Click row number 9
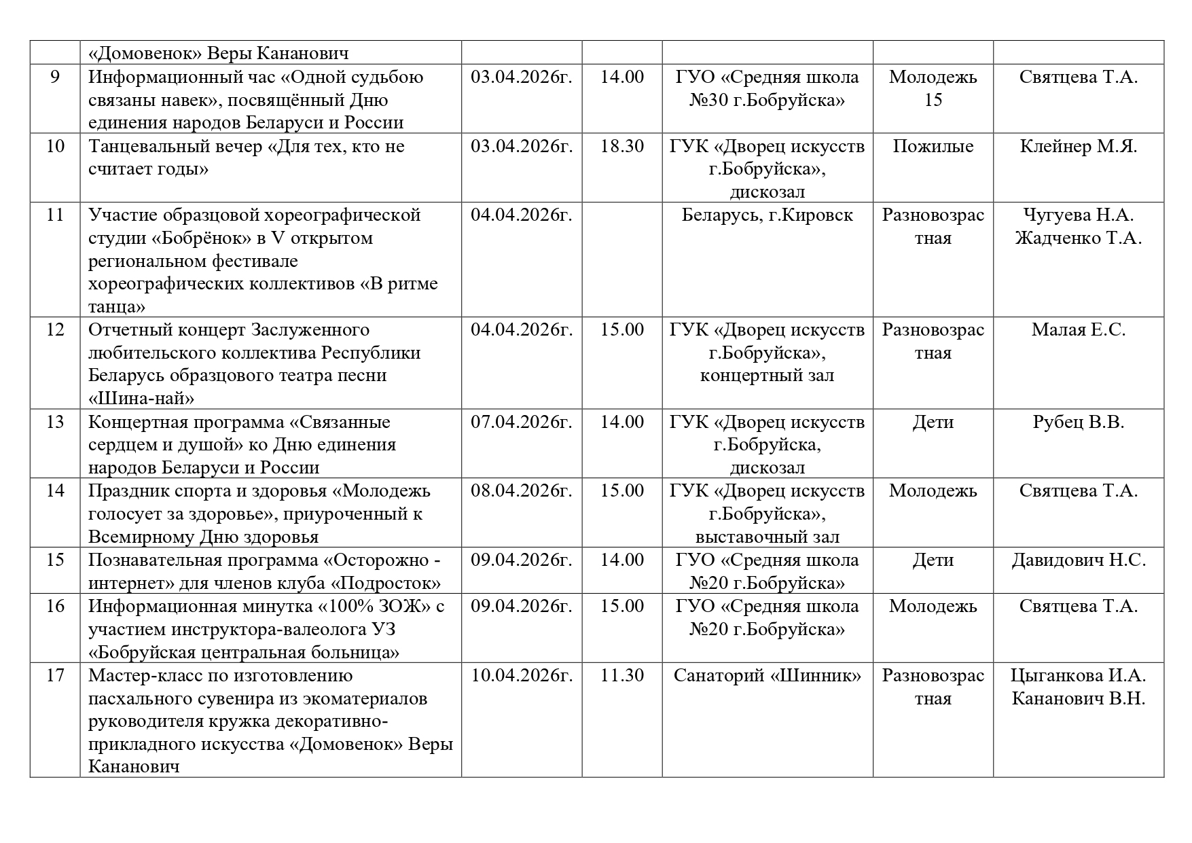55,77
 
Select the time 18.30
621,147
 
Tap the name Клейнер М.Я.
1078,147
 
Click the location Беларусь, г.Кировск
767,215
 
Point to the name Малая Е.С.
1078,330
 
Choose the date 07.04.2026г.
522,423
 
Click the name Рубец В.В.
1078,423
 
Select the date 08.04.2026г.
522,491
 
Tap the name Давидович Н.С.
1078,560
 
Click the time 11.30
621,676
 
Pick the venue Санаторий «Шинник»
767,676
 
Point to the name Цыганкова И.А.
1078,676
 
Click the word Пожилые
933,147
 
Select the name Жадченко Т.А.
1078,238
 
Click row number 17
55,676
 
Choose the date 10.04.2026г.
522,676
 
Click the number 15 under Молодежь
933,101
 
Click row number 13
55,423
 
